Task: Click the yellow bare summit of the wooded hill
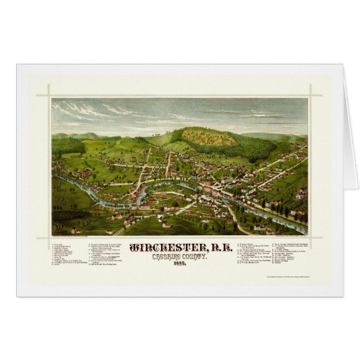coord(210,136)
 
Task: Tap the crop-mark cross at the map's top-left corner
coord(49,95)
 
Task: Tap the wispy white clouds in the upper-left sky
coord(84,110)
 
